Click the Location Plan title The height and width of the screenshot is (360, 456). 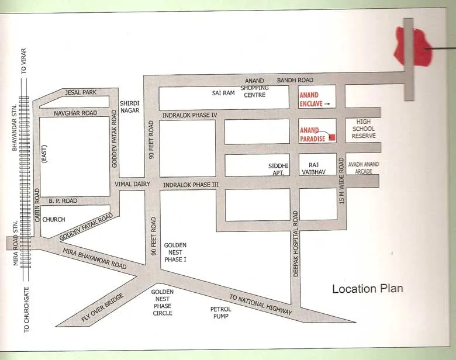click(x=367, y=289)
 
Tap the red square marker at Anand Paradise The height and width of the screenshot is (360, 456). click(x=332, y=138)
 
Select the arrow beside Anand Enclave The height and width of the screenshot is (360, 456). click(x=327, y=104)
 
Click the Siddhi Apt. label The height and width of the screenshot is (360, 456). click(x=278, y=169)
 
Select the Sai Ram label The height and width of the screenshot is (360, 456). click(x=223, y=93)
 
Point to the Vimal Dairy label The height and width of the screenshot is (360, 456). click(x=133, y=184)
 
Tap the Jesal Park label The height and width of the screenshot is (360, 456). click(x=81, y=92)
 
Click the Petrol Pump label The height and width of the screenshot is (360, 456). click(x=220, y=312)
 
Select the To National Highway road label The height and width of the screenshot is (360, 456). click(x=260, y=305)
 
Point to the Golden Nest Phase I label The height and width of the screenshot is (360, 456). click(x=175, y=252)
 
